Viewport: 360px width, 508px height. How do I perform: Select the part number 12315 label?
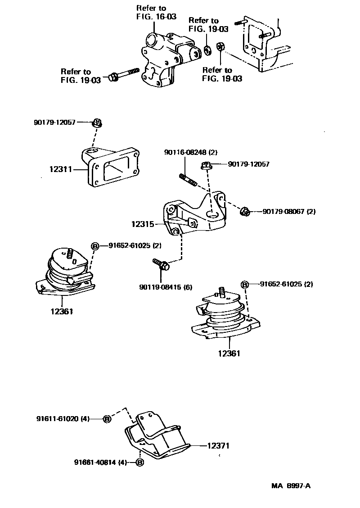(x=143, y=223)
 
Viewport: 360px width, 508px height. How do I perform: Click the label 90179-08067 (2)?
(x=289, y=211)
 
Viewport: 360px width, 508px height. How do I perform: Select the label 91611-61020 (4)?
(x=63, y=418)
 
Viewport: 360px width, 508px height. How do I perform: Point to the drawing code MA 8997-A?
(x=291, y=486)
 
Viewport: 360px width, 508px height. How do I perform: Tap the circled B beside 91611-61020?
(x=107, y=419)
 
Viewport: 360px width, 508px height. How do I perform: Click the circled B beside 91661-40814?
(x=139, y=462)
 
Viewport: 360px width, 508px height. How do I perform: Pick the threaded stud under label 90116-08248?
(x=188, y=179)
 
